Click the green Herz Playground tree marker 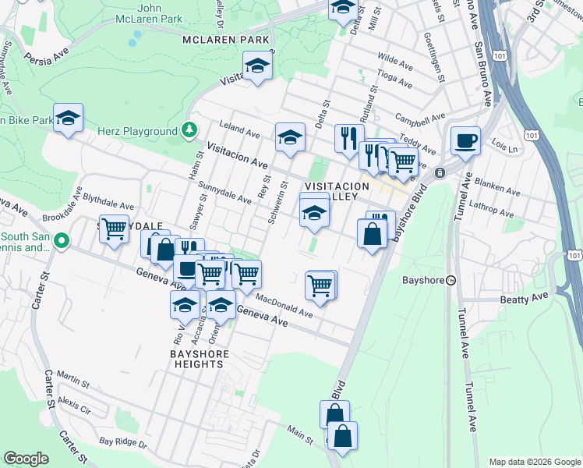point(188,130)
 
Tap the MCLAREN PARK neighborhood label point(226,40)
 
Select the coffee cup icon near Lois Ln point(465,141)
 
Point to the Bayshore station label point(422,280)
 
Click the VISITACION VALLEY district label point(336,191)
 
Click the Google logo point(26,459)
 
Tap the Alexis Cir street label point(75,407)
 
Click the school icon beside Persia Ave point(256,68)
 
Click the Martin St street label point(73,380)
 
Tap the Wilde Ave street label point(394,58)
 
